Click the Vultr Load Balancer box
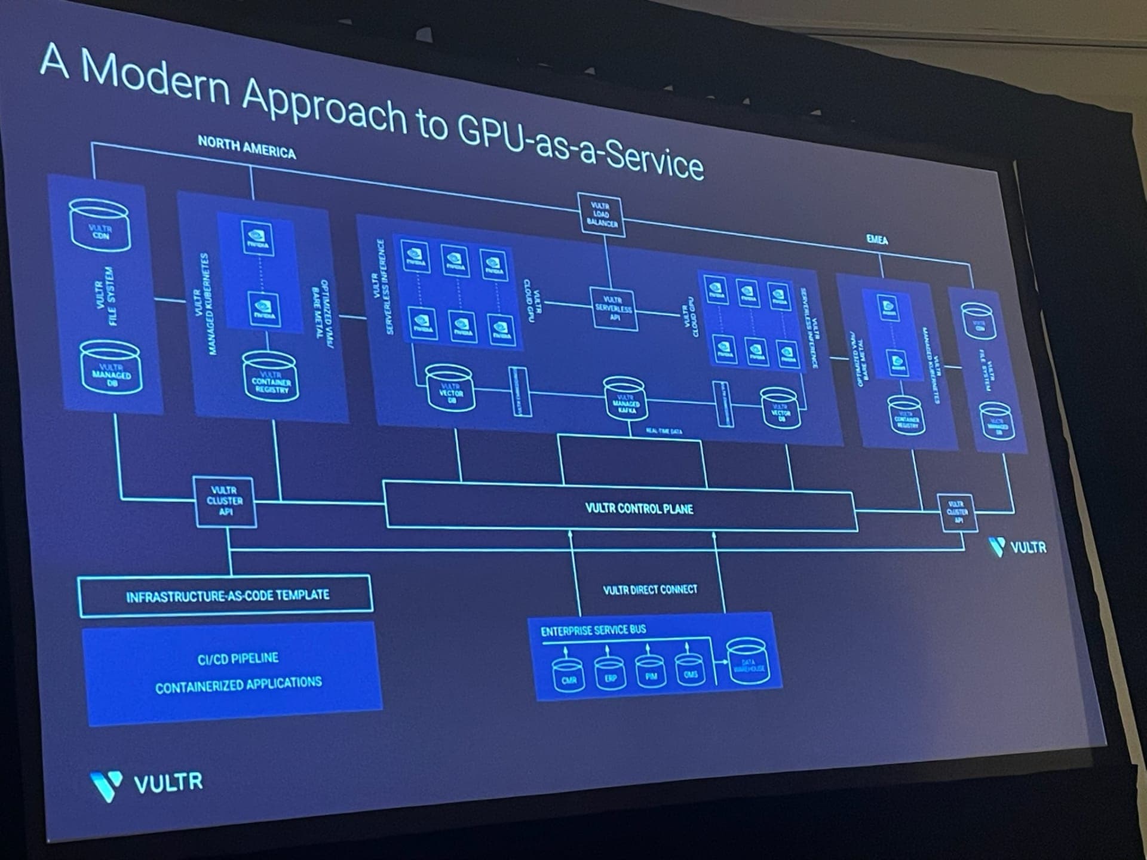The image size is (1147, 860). pyautogui.click(x=602, y=214)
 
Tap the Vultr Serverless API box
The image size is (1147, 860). pyautogui.click(x=614, y=309)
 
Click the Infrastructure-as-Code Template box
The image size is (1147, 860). pyautogui.click(x=226, y=595)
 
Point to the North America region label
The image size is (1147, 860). pyautogui.click(x=247, y=148)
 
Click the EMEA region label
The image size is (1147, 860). pyautogui.click(x=877, y=239)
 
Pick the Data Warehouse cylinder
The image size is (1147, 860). pyautogui.click(x=747, y=664)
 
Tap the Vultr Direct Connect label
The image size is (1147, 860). pyautogui.click(x=650, y=589)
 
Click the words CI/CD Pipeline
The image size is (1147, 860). pyautogui.click(x=238, y=658)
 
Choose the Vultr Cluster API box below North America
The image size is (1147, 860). pyautogui.click(x=225, y=501)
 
